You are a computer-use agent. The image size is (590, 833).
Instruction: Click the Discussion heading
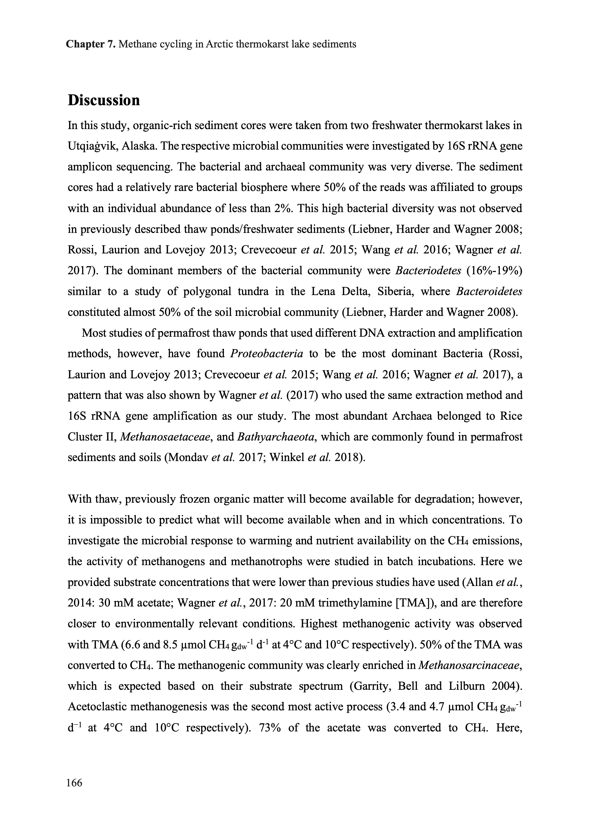pos(104,100)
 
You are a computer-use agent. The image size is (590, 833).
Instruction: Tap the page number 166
pos(74,782)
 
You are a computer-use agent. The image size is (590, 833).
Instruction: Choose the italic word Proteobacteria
pos(267,354)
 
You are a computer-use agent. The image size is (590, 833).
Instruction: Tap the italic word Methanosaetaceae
pos(166,437)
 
